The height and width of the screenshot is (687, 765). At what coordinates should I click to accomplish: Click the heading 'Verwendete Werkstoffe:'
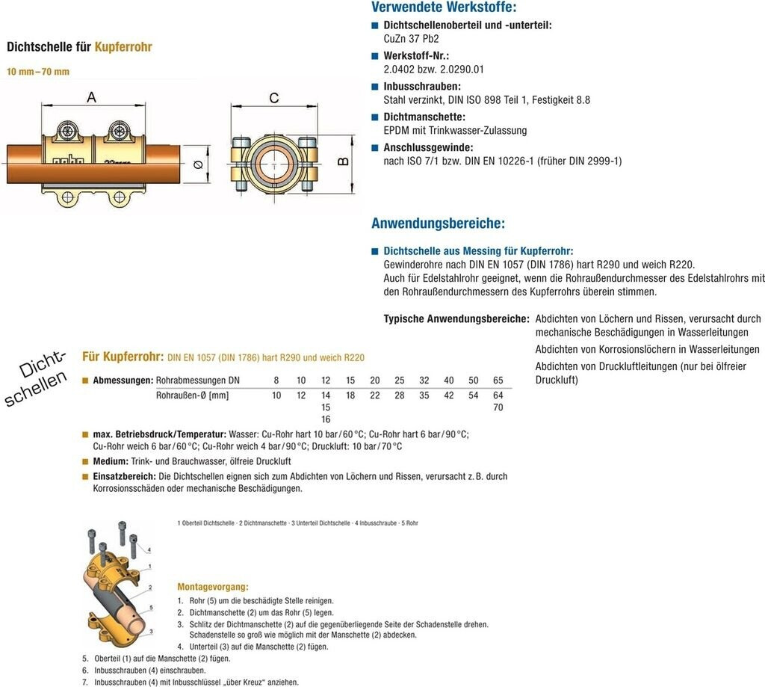coord(443,8)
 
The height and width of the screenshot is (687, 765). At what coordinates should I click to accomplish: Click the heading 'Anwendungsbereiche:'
coord(438,224)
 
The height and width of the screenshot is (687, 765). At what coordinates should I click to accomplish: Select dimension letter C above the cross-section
coord(274,98)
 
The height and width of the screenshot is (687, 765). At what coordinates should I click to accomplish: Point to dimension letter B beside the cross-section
coord(344,161)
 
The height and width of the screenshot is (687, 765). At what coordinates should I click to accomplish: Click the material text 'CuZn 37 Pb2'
coord(411,39)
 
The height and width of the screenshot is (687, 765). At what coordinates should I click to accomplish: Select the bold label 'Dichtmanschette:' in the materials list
coord(424,117)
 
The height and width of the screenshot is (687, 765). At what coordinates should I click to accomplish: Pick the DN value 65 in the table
coord(498,381)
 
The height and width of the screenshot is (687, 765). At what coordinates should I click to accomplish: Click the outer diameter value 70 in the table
coord(498,407)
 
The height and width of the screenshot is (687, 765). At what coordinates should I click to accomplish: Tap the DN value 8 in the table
coord(276,381)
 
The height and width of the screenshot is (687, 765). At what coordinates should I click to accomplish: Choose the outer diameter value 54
coord(474,395)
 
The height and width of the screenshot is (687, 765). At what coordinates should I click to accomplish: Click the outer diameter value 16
coord(326,419)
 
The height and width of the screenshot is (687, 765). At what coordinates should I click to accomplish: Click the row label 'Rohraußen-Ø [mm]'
coord(192,395)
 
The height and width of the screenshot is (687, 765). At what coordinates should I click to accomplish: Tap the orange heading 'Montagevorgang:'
coord(213,587)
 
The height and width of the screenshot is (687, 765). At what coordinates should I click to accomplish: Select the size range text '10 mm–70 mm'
coord(38,72)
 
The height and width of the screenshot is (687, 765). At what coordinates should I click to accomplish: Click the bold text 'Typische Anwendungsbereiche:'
coord(456,318)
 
